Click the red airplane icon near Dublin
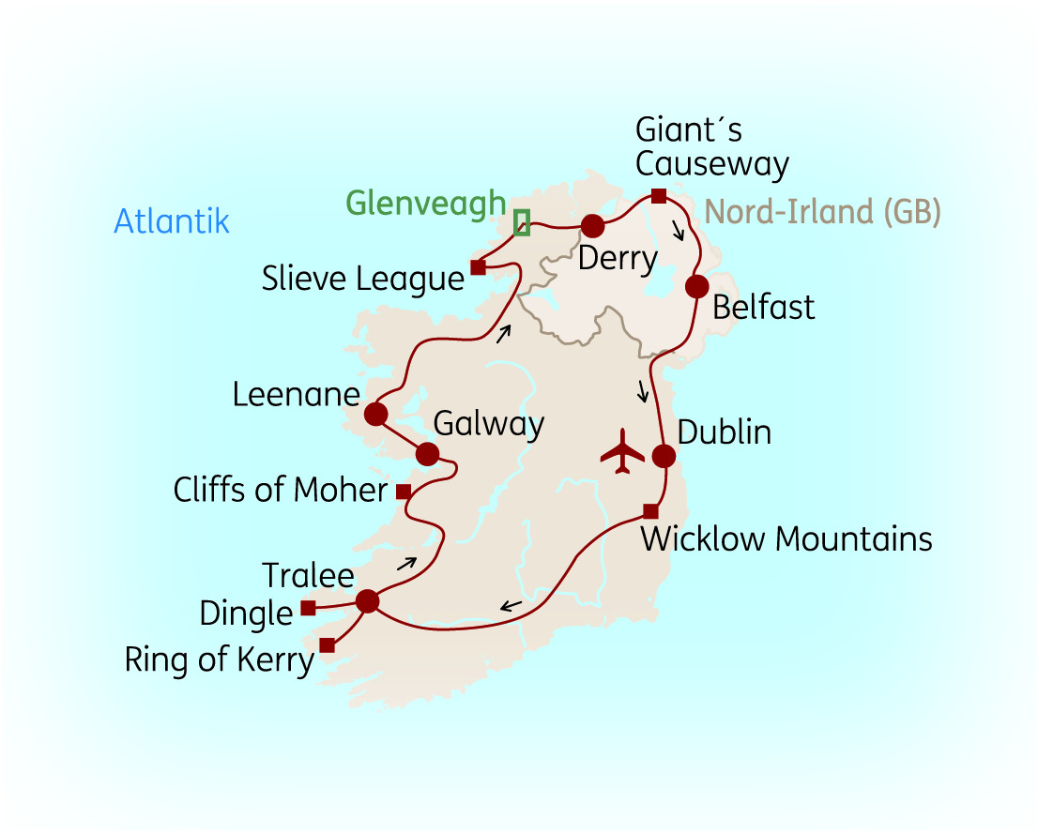click(621, 453)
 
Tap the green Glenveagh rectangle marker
click(522, 222)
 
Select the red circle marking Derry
click(592, 226)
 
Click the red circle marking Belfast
click(696, 286)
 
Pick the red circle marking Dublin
click(664, 457)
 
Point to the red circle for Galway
click(427, 454)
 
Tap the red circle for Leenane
click(375, 414)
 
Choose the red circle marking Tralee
click(367, 601)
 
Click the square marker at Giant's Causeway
click(659, 195)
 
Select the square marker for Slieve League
click(478, 267)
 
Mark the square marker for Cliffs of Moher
click(403, 492)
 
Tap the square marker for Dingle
click(308, 608)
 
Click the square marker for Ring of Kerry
click(327, 644)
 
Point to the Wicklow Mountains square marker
click(650, 511)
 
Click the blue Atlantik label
click(172, 221)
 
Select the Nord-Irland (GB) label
click(821, 212)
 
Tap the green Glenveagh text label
click(425, 203)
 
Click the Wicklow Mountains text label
click(786, 539)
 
